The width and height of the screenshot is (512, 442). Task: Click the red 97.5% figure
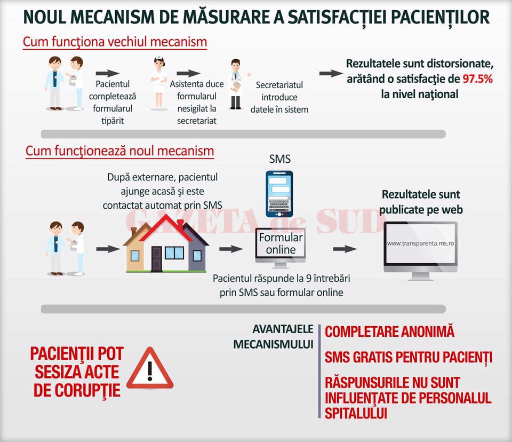[477, 79]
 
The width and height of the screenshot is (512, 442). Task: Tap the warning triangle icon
[150, 368]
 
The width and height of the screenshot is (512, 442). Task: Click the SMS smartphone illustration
[279, 194]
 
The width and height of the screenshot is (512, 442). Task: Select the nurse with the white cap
[159, 83]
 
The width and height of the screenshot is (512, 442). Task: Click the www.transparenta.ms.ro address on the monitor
[421, 243]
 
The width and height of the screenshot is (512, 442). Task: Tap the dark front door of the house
[156, 259]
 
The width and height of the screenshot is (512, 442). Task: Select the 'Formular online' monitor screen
[281, 243]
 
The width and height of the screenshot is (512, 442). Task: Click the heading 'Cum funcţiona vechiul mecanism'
[115, 42]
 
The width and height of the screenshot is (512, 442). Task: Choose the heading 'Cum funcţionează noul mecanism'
[120, 151]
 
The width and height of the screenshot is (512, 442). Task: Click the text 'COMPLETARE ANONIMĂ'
[389, 331]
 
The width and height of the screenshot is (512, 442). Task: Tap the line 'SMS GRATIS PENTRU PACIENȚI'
[408, 357]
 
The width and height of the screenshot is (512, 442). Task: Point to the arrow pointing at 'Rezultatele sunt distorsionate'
[331, 73]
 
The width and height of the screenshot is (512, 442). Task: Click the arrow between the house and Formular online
[231, 249]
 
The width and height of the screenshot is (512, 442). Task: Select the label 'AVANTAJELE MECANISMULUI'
[273, 337]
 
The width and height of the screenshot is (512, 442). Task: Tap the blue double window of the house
[174, 252]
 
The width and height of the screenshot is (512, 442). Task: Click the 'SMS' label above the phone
[280, 159]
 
